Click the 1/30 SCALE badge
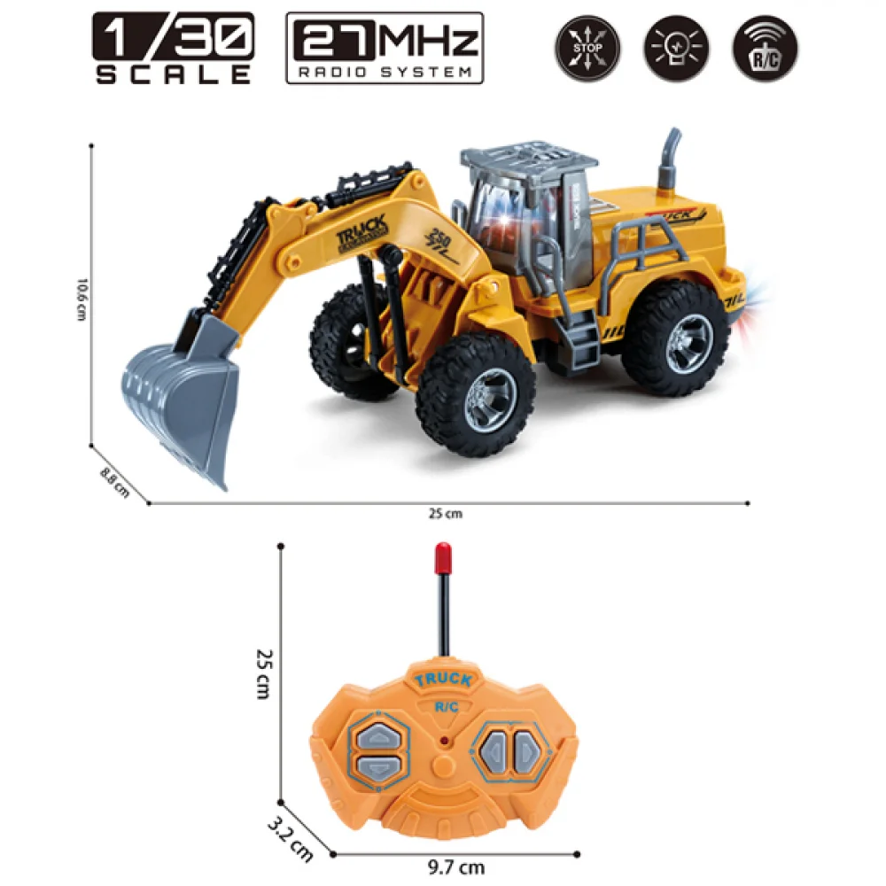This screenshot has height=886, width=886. coord(174,48)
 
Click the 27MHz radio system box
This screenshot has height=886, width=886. coord(385,48)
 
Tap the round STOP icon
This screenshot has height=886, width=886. coord(587,49)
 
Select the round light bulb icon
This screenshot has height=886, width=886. coord(675,49)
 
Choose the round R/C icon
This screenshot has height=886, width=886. coord(764,49)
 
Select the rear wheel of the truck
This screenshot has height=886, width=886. coord(675,337)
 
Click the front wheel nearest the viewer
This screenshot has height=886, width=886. coord(476,392)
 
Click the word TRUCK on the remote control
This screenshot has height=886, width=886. coord(442,680)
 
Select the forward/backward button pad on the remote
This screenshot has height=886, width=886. coord(375,750)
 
